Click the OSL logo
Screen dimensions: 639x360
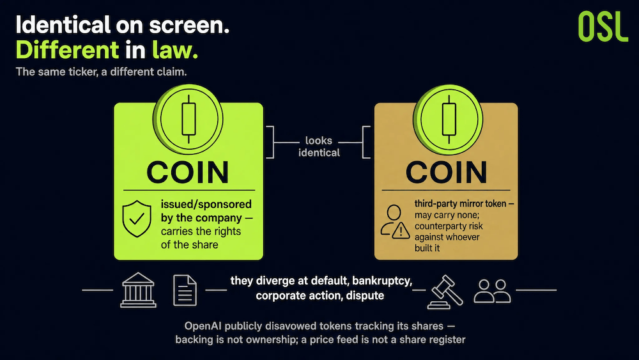[x=603, y=26]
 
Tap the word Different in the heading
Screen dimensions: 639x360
[x=67, y=50]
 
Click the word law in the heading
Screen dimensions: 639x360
[x=175, y=50]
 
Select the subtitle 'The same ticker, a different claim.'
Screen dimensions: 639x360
[x=101, y=72]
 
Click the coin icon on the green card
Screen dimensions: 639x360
[x=188, y=120]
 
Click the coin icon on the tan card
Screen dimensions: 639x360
[x=448, y=120]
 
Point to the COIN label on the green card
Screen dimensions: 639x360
[x=188, y=173]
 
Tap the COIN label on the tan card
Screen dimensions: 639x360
[x=446, y=172]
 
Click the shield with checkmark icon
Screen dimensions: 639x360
[x=137, y=219]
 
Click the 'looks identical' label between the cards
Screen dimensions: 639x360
[x=319, y=146]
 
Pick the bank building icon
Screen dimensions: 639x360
[x=138, y=290]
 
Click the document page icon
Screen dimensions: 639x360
[x=185, y=290]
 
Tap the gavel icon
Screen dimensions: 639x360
[x=445, y=292]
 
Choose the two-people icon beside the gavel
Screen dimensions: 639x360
[x=492, y=291]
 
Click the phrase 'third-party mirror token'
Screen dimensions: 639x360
[x=460, y=203]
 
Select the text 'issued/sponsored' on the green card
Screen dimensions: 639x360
[x=206, y=204]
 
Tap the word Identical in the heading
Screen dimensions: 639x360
[x=63, y=25]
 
